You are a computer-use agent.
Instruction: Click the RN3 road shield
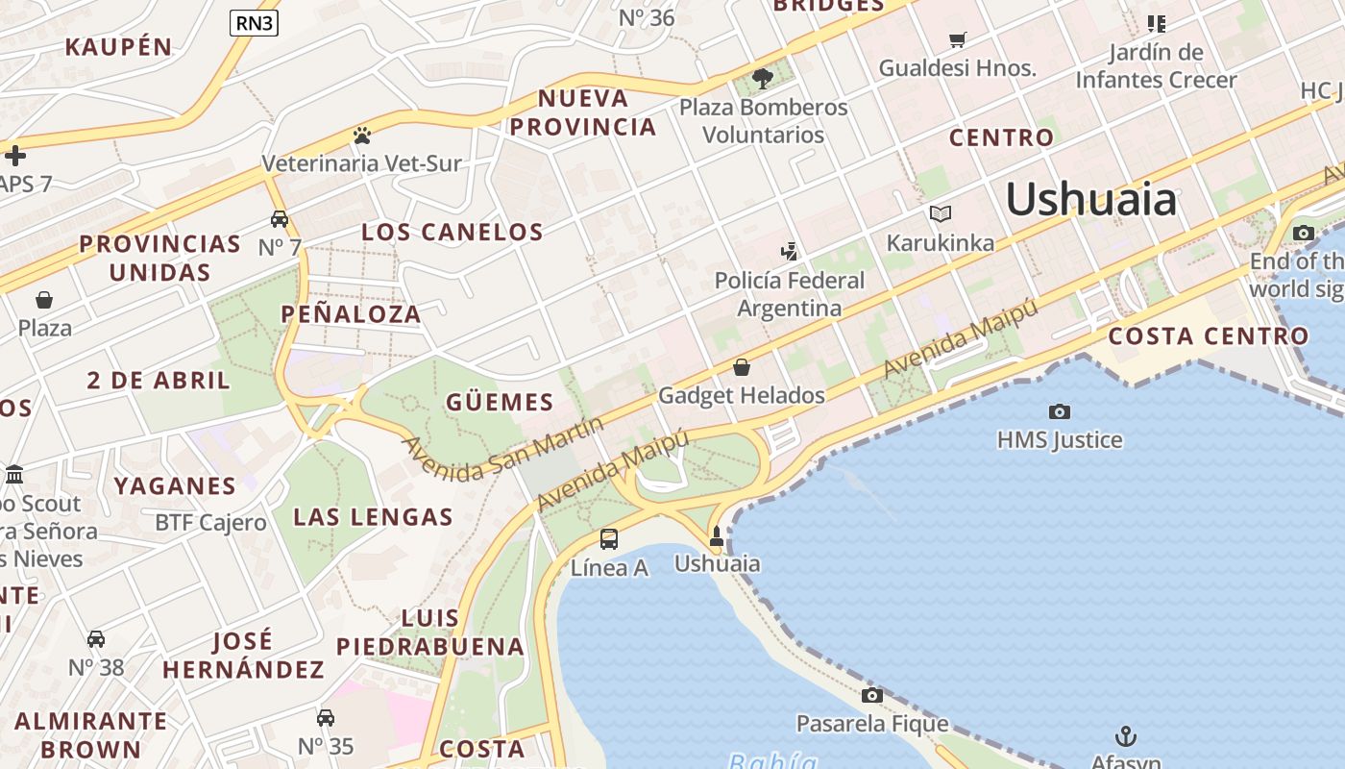pos(254,23)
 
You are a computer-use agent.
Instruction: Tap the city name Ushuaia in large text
pos(1090,200)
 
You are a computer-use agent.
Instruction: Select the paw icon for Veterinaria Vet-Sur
pos(361,136)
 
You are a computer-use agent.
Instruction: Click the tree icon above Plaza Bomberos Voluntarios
pos(763,79)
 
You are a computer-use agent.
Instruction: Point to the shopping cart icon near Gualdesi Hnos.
pos(957,39)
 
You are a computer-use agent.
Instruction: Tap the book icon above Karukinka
pos(940,213)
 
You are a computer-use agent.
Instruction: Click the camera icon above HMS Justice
pos(1059,411)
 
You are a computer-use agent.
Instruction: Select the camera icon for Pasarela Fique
pos(871,695)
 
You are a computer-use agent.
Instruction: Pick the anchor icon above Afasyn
pos(1125,736)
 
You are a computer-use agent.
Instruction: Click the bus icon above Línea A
pos(609,539)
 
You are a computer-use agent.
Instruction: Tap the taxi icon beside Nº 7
pos(280,219)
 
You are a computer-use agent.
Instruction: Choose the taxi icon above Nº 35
pos(326,717)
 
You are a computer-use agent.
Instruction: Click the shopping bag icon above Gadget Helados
pos(741,367)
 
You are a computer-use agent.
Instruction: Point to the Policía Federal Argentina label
pos(789,294)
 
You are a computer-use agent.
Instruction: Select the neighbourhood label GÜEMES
pos(500,402)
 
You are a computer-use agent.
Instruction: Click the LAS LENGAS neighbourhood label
pos(373,517)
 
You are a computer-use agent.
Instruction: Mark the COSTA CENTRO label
pos(1208,336)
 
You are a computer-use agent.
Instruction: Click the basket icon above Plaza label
pos(44,300)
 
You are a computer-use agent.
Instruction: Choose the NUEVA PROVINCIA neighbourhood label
pos(583,112)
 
